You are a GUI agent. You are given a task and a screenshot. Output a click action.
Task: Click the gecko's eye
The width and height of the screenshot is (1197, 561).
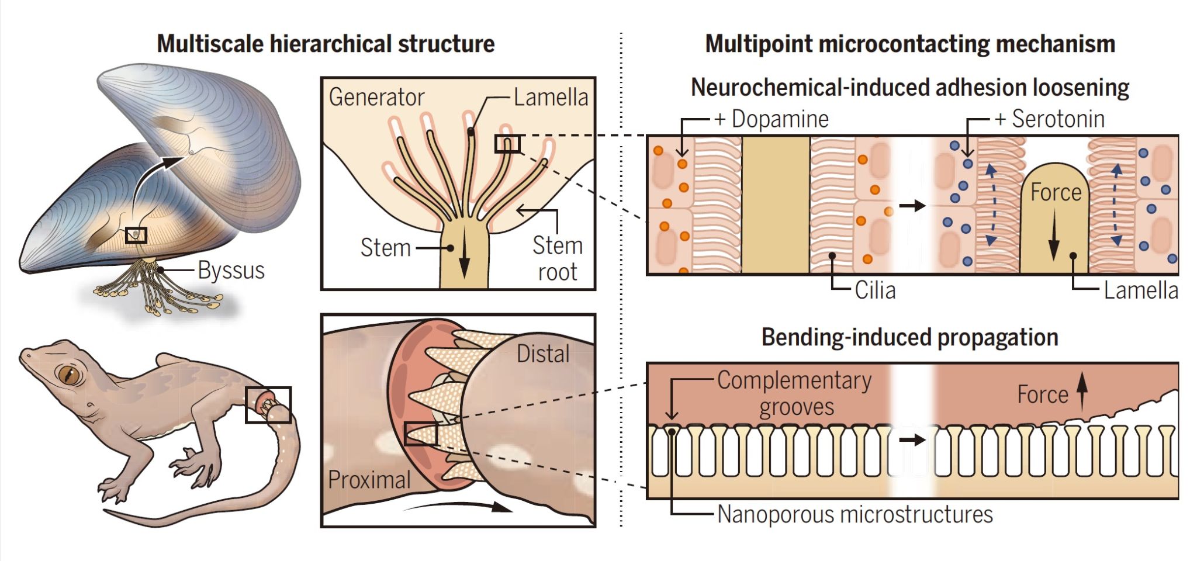[x=69, y=374]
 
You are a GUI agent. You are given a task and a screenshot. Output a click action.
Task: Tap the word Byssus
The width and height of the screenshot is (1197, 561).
[x=231, y=271]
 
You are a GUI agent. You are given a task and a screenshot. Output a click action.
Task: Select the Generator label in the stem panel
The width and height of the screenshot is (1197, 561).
[x=376, y=97]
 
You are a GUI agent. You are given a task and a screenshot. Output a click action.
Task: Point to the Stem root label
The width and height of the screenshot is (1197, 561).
[x=557, y=258]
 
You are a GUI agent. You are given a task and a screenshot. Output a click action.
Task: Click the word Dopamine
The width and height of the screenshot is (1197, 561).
[x=780, y=119]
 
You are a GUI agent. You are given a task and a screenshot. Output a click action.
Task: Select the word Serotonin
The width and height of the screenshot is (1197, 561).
[x=1058, y=119]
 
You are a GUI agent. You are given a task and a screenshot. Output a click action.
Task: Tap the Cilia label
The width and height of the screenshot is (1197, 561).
[x=875, y=290]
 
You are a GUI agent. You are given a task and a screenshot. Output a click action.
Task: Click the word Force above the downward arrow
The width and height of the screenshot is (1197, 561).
[x=1056, y=192]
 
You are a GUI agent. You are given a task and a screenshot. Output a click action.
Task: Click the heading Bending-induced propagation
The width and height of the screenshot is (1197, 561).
[x=909, y=338]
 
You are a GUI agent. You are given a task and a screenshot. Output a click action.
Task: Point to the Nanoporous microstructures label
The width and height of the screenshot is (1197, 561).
[x=854, y=515]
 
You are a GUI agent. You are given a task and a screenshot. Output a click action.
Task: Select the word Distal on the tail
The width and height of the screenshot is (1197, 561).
[x=543, y=354]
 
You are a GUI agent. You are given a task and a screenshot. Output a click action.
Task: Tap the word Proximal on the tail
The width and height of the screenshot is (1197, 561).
[x=369, y=480]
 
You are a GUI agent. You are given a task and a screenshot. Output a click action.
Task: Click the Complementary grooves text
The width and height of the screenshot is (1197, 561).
[x=795, y=393]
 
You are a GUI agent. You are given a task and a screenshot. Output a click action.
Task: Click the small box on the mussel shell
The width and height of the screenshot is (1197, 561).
[x=136, y=235]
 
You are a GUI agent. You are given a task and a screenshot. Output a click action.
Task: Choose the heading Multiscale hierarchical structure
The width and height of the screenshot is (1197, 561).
[x=326, y=44]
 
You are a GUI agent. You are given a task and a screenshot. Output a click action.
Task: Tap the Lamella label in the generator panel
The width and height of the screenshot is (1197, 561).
[x=551, y=98]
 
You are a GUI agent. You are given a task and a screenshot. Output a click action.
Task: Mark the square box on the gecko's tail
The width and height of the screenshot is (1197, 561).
[x=268, y=404]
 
